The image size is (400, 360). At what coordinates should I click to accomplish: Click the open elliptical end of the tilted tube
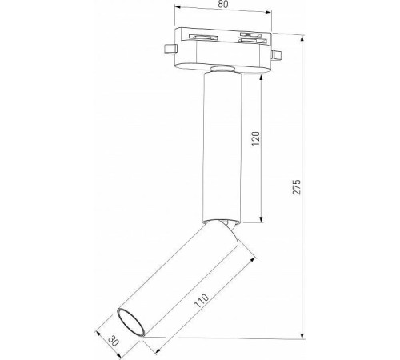(130, 321)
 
